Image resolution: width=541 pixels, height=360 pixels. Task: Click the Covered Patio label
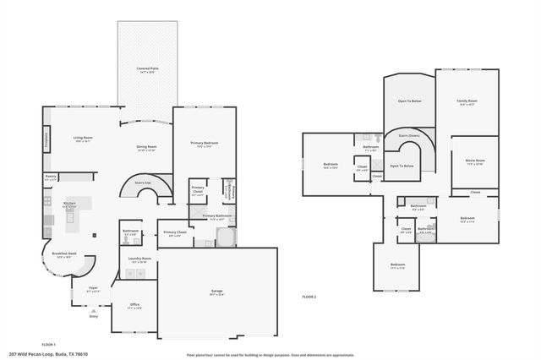[x=149, y=69]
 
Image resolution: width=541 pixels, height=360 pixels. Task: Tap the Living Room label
[x=83, y=139]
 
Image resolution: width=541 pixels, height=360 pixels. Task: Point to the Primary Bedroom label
[x=204, y=145]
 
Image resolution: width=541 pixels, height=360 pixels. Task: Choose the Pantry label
[x=51, y=177]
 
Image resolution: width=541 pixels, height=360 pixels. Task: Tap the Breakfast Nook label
[x=65, y=254]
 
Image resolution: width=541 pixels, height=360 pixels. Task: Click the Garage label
[x=216, y=292]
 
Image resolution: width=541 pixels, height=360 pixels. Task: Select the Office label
[x=134, y=306]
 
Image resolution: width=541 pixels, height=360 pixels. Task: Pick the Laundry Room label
[x=139, y=259]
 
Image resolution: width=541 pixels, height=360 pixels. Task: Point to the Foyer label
[x=94, y=289]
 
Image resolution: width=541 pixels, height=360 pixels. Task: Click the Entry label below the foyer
[x=93, y=316]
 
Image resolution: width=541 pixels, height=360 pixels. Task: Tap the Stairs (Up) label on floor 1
[x=142, y=182]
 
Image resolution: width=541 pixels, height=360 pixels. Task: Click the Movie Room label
[x=474, y=161]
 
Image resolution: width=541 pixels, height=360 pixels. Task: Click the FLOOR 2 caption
[x=309, y=297]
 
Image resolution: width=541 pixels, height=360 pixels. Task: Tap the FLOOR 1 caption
[x=48, y=345]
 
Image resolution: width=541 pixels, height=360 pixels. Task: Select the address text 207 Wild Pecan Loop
[x=48, y=354]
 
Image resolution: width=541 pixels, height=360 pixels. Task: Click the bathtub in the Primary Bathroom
[x=227, y=239]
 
